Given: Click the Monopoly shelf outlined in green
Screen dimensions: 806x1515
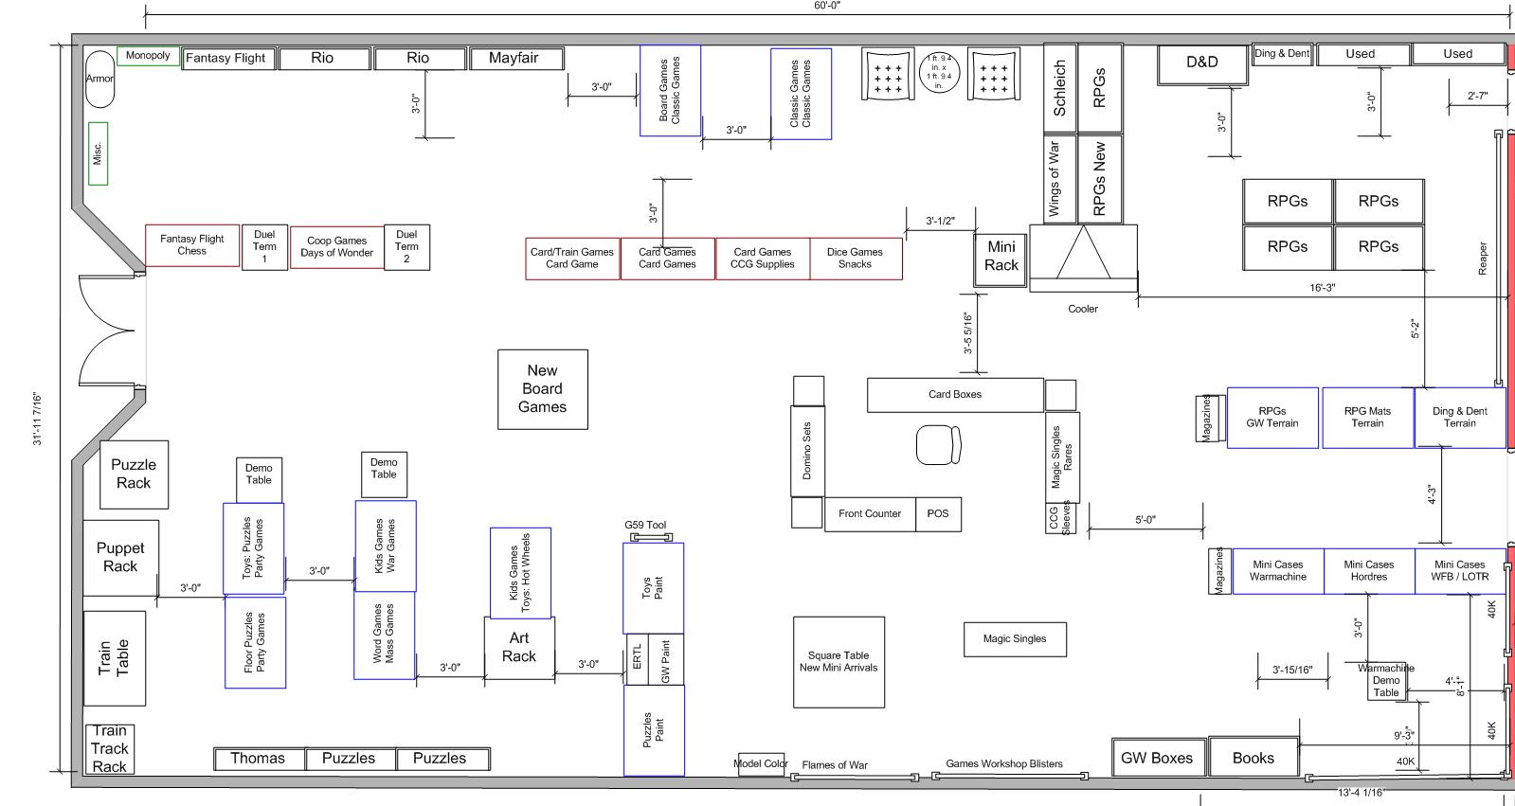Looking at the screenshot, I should coord(148,56).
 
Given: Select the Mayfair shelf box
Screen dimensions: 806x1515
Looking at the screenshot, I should coord(514,59).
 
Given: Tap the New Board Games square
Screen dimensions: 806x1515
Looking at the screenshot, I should coord(542,389).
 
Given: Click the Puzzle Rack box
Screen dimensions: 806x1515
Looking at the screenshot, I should coord(134,475).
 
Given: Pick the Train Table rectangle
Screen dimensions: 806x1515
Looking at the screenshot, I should coord(115,657).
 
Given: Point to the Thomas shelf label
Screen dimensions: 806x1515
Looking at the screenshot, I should coord(258,759).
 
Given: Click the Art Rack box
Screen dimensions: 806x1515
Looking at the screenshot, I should coord(519,648).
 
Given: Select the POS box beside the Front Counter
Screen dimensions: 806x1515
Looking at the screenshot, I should coord(938,513).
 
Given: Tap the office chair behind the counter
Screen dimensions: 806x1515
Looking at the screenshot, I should coord(938,444).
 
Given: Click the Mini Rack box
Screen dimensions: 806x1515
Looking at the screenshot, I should coord(1001,257).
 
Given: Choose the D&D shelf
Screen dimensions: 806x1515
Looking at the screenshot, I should coord(1201,63).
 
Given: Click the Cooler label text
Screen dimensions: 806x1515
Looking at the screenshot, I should coord(1082,309).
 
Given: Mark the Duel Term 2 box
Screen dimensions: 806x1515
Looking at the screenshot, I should coord(406,246).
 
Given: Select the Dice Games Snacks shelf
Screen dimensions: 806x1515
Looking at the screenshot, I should coord(855,259).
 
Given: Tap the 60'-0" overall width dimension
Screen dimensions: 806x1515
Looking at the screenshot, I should coord(827,6).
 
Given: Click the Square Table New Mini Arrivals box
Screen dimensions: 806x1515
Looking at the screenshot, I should coord(839,662).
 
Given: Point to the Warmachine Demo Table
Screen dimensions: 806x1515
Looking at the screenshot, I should coord(1385,681).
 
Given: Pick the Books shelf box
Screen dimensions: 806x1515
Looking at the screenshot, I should coord(1253,758).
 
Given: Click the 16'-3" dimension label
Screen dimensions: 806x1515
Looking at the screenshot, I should coord(1322,287).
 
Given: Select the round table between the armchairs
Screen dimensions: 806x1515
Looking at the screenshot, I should coord(939,73).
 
